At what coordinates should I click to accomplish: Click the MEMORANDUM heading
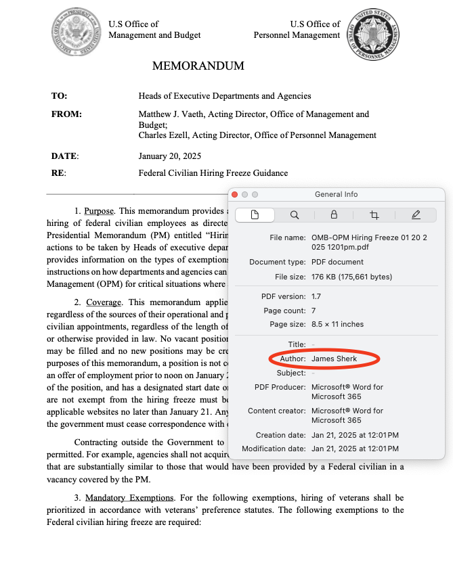pos(198,66)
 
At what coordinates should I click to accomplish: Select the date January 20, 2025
pos(169,156)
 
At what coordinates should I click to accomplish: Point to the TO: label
pos(59,96)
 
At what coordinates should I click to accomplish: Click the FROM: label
pos(66,115)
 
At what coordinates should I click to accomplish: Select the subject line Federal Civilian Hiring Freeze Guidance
pos(213,173)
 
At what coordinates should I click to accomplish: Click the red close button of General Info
pos(235,194)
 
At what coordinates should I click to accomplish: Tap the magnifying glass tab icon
pos(295,215)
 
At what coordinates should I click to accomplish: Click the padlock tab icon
pos(334,215)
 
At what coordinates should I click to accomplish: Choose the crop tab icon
pos(374,215)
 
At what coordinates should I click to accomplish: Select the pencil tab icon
pos(416,215)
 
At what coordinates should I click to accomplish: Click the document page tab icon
pos(255,215)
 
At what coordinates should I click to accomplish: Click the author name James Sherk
pos(334,359)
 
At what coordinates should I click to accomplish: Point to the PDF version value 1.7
pos(317,296)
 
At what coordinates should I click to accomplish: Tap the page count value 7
pos(314,311)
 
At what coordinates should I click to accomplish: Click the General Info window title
pos(336,194)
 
